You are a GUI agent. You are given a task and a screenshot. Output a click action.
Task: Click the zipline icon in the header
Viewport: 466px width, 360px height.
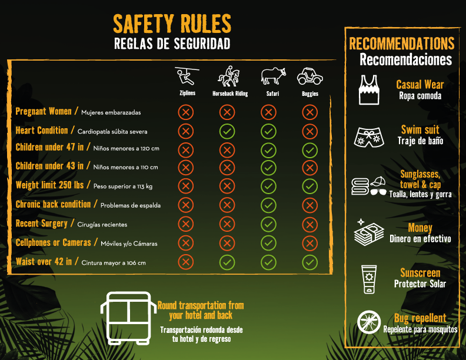point(187,76)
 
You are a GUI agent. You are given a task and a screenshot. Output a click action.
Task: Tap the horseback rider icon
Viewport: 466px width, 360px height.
point(229,76)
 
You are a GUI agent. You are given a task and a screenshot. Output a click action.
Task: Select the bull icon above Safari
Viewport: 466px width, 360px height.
point(273,76)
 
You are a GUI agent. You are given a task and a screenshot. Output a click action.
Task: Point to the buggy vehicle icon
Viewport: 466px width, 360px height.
point(310,76)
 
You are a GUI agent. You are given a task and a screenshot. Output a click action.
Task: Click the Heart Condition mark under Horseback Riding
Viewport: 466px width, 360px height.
point(227,131)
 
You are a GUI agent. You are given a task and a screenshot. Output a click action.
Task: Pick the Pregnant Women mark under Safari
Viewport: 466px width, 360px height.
point(268,112)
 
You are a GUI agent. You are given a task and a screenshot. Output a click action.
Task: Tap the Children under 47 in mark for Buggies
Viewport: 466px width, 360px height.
point(309,151)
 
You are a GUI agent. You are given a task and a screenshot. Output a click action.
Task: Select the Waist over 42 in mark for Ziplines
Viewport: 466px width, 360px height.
point(186,262)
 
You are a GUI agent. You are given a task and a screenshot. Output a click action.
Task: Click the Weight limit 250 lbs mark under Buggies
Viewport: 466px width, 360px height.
point(309,186)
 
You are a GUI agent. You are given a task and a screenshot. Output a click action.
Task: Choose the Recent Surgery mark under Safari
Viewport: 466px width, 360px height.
point(268,224)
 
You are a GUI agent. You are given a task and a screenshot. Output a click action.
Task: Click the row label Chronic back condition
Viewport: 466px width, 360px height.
point(53,204)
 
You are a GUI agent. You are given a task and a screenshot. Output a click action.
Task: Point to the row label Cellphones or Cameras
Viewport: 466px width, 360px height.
point(53,242)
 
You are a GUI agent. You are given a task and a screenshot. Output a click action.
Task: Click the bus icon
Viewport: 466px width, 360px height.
point(128,318)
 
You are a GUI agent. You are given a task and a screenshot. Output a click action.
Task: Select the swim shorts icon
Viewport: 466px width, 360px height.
point(369,137)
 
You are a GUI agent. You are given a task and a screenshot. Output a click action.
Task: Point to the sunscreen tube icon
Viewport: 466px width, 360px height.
point(369,279)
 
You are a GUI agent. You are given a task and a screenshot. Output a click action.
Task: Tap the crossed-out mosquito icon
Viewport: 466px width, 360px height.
point(369,322)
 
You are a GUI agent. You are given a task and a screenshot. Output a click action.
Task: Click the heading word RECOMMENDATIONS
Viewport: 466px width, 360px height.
point(401,44)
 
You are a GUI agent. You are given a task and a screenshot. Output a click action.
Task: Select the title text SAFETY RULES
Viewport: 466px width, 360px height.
point(172,24)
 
